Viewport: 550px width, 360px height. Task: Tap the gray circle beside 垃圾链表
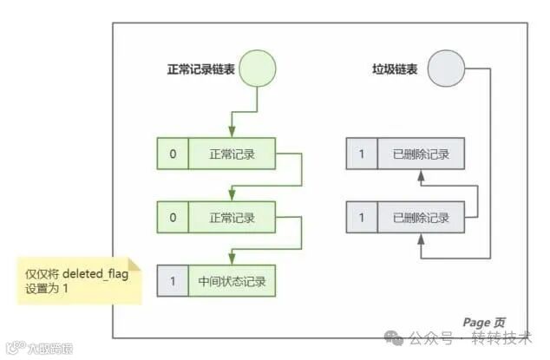(x=446, y=68)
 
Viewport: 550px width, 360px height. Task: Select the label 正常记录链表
(x=200, y=69)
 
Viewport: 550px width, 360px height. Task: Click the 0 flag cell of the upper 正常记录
(x=173, y=154)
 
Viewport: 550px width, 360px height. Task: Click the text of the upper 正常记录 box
(x=232, y=154)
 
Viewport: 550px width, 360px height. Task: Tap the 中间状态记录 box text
(x=232, y=281)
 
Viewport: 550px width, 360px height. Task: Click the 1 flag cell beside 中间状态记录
(x=173, y=281)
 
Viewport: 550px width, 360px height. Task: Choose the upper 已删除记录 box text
(x=422, y=154)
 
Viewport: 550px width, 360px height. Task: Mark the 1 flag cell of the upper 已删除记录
(x=362, y=154)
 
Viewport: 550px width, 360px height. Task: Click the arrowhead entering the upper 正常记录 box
(x=232, y=133)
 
